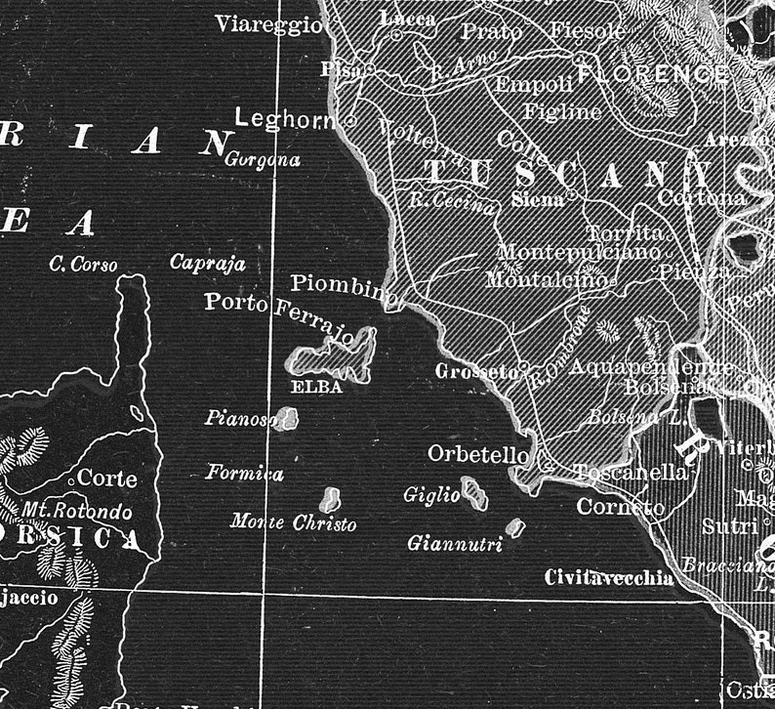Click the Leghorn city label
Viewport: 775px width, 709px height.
284,119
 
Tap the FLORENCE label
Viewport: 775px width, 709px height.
654,73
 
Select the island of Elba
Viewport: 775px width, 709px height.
332,355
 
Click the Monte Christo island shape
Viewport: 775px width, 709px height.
331,498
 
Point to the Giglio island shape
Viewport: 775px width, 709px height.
474,493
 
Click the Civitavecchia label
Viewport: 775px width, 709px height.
609,577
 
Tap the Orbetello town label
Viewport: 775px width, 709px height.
478,454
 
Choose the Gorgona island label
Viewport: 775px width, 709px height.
263,160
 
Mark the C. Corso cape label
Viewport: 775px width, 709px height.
83,265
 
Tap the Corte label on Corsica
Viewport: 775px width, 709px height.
106,479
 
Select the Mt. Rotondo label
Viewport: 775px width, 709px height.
77,511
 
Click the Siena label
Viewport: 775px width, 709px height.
538,199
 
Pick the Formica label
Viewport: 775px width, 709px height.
244,474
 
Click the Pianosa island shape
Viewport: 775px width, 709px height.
284,420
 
